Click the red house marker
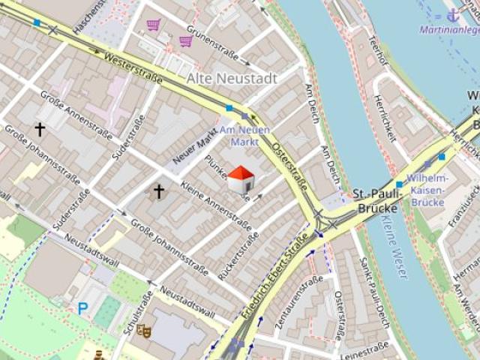[240, 180]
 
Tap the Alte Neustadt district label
[231, 79]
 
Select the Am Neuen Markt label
[244, 136]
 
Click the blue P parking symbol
[82, 307]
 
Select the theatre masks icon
[144, 330]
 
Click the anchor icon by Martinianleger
[452, 15]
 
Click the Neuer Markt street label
[194, 144]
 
